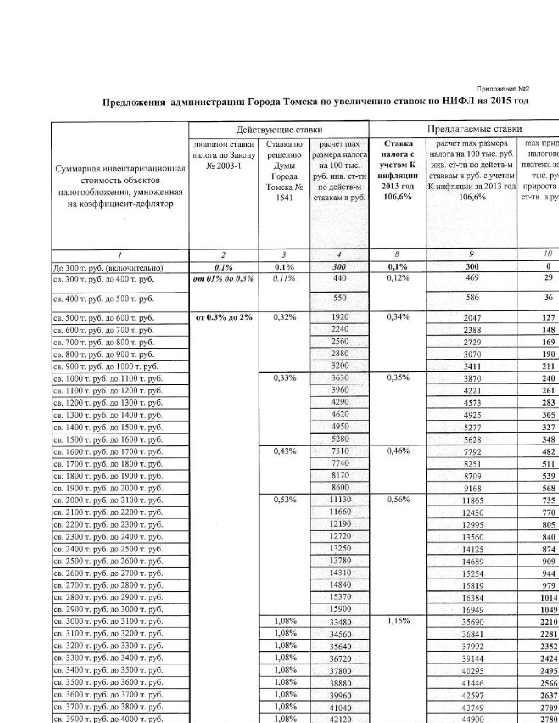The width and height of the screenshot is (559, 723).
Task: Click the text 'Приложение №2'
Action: [502, 89]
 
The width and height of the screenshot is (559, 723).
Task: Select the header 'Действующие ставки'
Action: [279, 130]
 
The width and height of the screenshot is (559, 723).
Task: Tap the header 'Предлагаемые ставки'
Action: [474, 129]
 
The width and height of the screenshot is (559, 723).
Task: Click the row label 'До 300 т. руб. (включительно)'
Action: [108, 268]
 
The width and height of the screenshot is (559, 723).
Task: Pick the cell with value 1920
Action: [340, 317]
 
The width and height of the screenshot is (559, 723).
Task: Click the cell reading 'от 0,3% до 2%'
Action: [224, 317]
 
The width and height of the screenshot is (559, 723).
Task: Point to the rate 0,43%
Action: [285, 450]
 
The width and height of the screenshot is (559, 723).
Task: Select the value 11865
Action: [472, 500]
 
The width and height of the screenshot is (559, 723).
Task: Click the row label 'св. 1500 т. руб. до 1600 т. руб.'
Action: [108, 439]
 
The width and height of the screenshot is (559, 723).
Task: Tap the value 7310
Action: [340, 451]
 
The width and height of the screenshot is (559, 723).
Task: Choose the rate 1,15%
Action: [398, 620]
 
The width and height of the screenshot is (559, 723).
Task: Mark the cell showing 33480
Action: [340, 622]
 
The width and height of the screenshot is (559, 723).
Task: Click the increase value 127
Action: [548, 318]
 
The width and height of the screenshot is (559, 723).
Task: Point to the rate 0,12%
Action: [398, 278]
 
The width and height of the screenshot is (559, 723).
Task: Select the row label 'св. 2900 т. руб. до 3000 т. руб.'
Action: [108, 609]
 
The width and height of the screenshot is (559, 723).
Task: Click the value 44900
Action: [472, 719]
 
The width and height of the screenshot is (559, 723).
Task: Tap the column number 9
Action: [471, 254]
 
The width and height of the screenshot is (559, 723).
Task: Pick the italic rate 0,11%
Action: [284, 278]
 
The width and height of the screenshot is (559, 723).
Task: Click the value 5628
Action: [472, 439]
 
